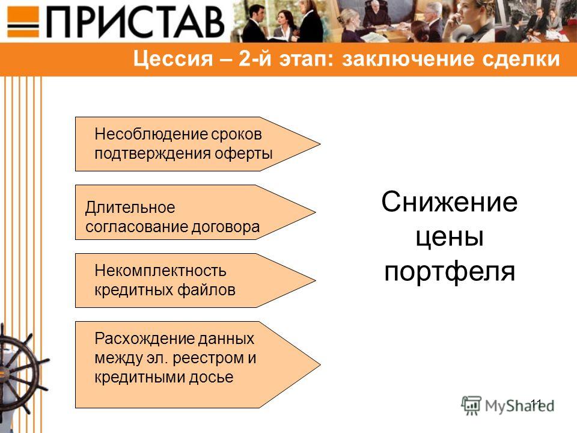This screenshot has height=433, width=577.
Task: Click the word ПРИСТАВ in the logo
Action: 135,22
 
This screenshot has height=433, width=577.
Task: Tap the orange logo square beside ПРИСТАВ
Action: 23,22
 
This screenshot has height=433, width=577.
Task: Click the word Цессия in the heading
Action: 173,59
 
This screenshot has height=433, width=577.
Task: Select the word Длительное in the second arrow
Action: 130,207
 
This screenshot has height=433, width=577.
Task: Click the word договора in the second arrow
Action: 225,227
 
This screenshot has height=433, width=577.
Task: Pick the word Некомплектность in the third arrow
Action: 160,271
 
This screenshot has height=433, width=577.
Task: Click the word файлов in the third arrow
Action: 206,290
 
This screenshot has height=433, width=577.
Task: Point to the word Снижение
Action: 450,202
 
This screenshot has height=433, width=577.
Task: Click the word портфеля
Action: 450,272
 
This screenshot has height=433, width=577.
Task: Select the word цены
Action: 450,236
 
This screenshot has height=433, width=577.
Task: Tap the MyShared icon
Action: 471,406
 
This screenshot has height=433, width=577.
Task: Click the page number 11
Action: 536,404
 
